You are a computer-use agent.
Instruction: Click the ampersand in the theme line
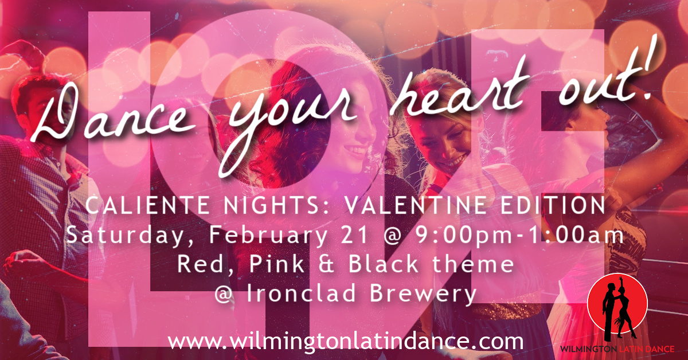[x=326, y=264]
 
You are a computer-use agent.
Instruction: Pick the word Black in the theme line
[x=383, y=264]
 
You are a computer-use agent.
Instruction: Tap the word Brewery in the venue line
[x=423, y=294]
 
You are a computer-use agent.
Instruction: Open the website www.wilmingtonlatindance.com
[x=346, y=341]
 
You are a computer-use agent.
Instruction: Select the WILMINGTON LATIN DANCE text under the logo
[x=617, y=349]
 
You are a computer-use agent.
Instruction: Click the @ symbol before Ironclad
[x=224, y=294]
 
